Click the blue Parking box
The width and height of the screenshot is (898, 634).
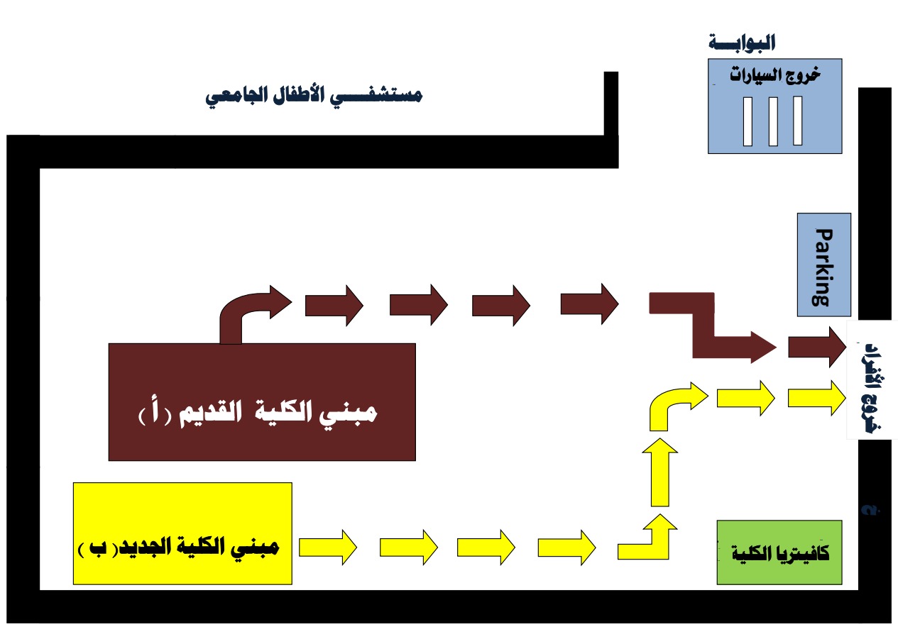824,265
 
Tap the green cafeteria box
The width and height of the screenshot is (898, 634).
779,552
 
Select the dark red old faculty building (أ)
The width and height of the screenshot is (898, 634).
262,402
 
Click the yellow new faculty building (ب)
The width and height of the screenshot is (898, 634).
182,533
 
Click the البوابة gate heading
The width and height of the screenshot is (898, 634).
742,43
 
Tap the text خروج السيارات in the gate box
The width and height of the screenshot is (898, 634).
775,75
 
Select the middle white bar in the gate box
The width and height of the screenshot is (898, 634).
773,121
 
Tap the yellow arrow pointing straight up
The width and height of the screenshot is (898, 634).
660,472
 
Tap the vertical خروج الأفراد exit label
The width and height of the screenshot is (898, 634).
874,388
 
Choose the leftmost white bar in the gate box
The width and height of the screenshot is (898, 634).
748,121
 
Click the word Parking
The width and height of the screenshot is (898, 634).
824,267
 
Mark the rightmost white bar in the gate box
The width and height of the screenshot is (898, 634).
798,121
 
